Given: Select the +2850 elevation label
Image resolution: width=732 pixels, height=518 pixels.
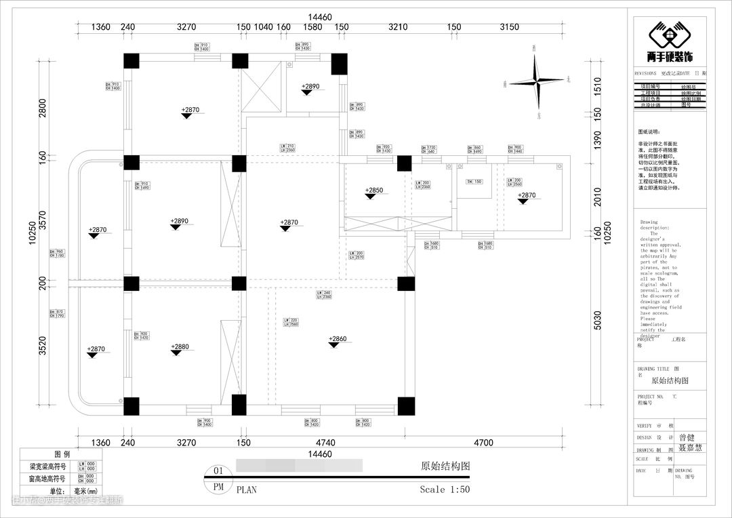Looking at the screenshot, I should (x=374, y=191).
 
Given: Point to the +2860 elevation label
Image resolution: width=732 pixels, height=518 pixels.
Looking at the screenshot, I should (x=338, y=339).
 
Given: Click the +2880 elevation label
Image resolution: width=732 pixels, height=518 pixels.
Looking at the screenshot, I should (x=180, y=346).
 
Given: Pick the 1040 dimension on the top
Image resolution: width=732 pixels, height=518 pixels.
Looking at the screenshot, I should (x=263, y=27).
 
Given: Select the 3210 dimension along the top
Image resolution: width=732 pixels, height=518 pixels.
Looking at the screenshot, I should (x=398, y=27).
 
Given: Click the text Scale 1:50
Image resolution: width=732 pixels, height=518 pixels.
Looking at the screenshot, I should (x=445, y=489).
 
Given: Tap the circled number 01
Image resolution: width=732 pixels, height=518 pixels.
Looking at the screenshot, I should (x=218, y=471).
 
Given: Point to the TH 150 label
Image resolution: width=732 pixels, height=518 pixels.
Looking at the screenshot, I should (x=473, y=182).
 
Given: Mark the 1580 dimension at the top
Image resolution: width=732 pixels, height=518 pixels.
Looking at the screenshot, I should (x=312, y=27).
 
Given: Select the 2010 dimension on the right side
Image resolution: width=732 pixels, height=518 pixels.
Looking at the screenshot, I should (x=597, y=197).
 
